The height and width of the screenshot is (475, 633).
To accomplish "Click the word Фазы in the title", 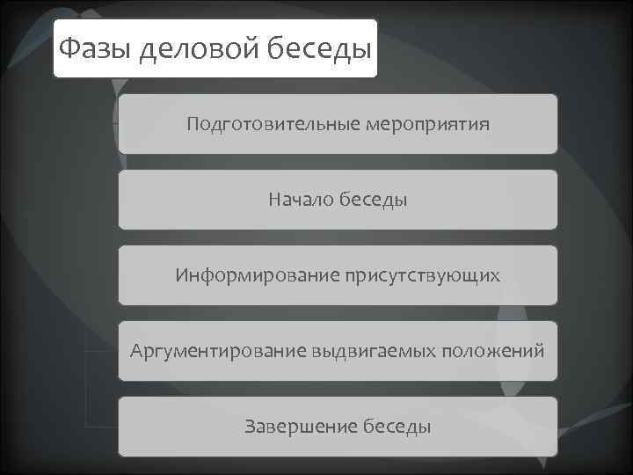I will tap(92, 47).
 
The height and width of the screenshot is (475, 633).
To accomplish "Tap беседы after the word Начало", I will tap(374, 200).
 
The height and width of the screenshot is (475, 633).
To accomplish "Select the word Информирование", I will tap(249, 275).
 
